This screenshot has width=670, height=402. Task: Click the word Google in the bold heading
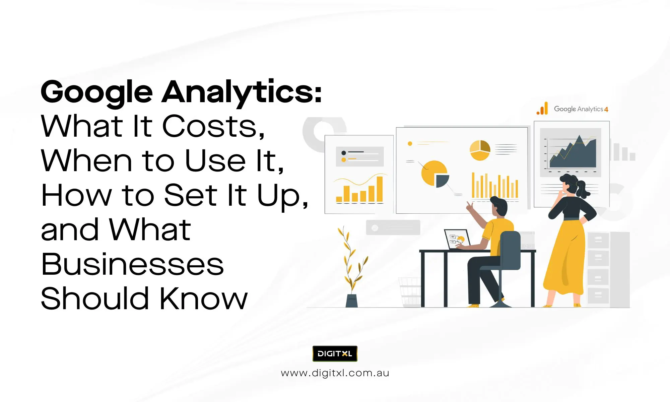click(x=97, y=92)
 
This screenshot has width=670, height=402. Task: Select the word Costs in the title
click(x=213, y=126)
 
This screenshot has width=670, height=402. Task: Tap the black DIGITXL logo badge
click(x=335, y=354)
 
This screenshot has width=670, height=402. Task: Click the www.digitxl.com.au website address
click(x=335, y=373)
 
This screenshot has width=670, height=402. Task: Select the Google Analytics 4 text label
click(x=581, y=109)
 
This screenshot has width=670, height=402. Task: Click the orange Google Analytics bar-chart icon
click(x=542, y=109)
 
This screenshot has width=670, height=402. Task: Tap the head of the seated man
click(x=499, y=207)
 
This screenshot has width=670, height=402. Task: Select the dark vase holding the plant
click(x=351, y=300)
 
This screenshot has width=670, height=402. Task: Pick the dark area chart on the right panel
click(x=573, y=152)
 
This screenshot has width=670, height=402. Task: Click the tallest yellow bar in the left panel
click(x=380, y=189)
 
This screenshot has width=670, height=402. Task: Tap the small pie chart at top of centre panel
click(x=480, y=150)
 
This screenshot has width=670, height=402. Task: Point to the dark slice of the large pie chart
click(x=442, y=181)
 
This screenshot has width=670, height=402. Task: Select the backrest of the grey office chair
click(x=510, y=250)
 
